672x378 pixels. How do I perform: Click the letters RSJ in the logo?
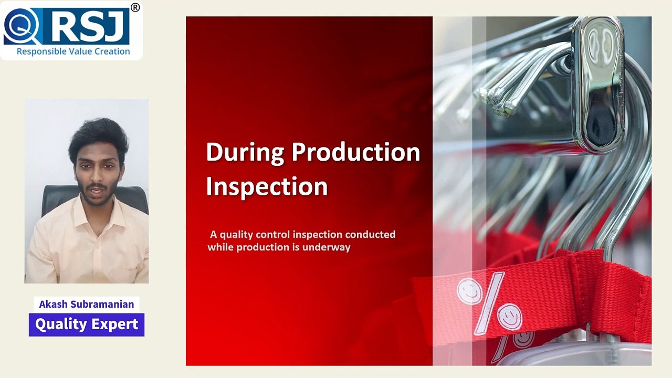89,26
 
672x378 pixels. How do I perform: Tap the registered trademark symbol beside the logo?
135,7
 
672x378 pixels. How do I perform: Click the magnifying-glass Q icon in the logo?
22,26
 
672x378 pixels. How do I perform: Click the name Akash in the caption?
54,304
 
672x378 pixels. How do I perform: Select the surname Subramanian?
102,304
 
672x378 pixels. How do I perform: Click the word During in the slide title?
245,153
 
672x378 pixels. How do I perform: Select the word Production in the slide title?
356,152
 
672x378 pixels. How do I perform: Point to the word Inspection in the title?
267,186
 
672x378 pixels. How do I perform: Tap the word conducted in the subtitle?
370,234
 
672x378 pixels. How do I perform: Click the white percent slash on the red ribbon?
489,303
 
